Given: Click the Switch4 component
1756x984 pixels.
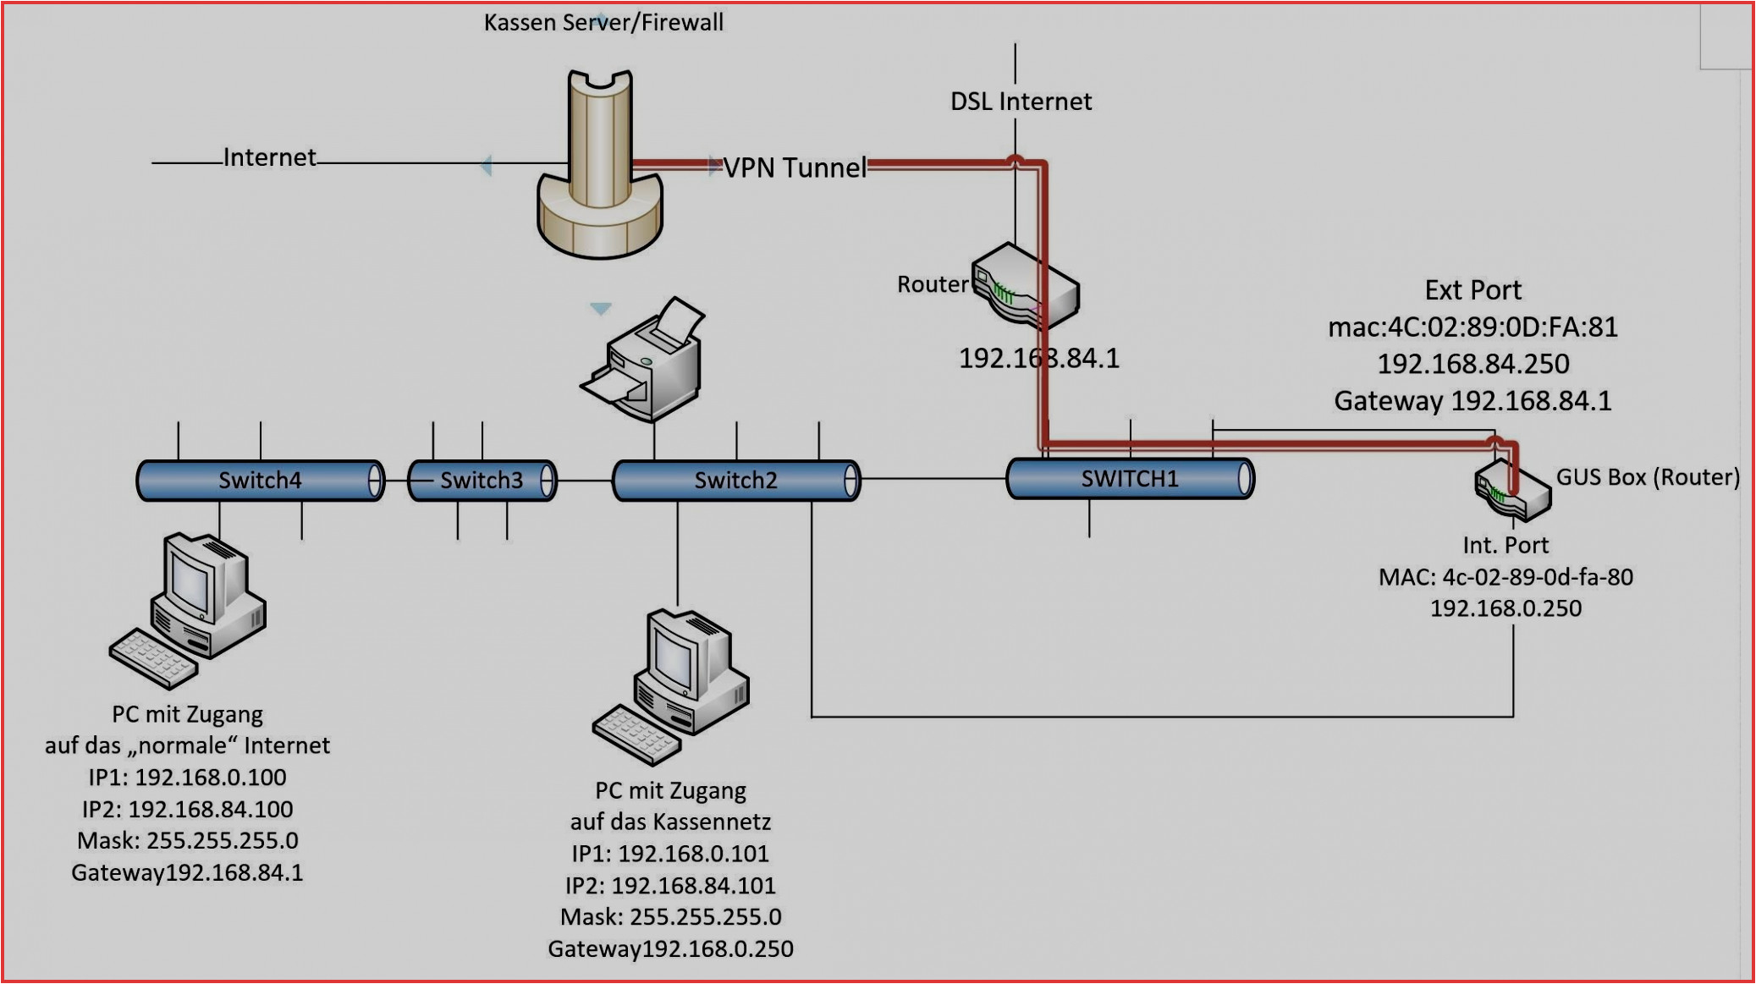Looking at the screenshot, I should click(260, 481).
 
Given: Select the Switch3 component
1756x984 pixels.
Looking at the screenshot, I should click(482, 481).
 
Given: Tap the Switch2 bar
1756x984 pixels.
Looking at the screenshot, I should click(735, 481).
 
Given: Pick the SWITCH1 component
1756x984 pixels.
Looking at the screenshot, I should click(1130, 479).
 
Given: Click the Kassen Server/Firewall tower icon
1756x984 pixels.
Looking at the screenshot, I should click(600, 165).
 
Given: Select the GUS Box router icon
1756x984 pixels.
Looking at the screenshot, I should click(1512, 491).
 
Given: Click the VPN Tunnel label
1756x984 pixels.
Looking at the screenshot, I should click(795, 168).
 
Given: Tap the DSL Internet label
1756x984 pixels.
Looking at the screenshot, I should click(1021, 102).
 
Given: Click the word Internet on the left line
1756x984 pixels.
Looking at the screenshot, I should click(269, 157).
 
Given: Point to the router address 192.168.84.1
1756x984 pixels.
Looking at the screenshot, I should click(1038, 359).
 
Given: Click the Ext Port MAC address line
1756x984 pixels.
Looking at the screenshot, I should click(1473, 327).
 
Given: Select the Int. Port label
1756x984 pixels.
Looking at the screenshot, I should click(1506, 546).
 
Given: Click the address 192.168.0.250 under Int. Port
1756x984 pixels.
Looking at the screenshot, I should click(1506, 608).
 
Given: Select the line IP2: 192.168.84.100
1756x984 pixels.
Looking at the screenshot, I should click(187, 810).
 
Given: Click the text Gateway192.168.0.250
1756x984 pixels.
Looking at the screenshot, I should click(670, 949).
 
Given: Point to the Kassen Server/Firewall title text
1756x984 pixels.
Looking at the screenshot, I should click(603, 23).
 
